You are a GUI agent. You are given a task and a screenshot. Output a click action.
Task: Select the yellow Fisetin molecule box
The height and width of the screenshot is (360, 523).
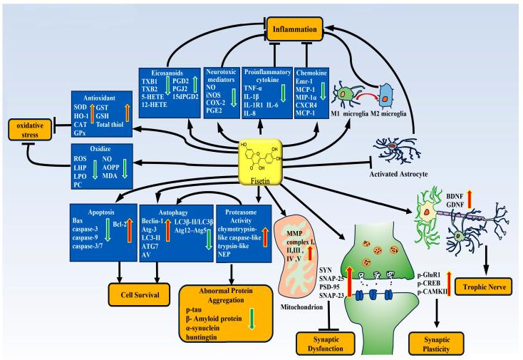tap(264, 160)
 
